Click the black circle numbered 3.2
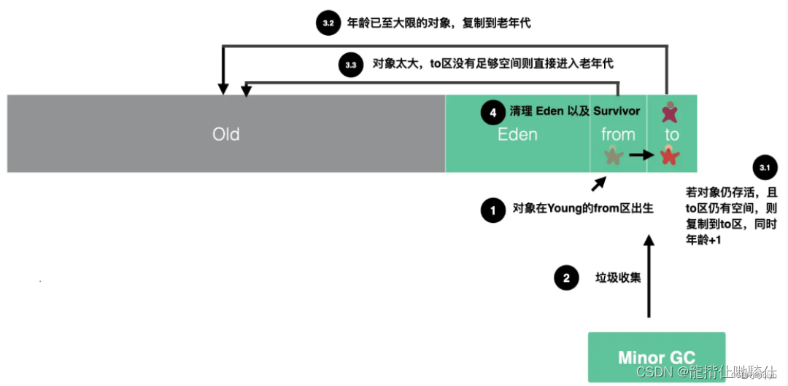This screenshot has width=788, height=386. tap(328, 23)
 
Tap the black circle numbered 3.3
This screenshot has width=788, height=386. tap(350, 65)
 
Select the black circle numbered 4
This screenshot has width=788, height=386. tap(492, 113)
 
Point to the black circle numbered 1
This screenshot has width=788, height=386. tap(492, 210)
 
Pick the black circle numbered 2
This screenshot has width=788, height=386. tap(565, 277)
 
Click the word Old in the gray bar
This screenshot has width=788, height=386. tap(226, 135)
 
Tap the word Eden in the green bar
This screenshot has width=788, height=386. tap(517, 135)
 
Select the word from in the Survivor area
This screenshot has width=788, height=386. tap(618, 135)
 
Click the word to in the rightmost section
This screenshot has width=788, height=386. tap(671, 135)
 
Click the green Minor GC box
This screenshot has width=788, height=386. tap(657, 357)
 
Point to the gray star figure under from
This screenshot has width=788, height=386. tap(613, 155)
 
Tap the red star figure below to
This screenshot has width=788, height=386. tap(669, 155)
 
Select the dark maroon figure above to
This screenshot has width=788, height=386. tap(669, 111)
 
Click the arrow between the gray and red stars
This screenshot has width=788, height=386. tap(641, 155)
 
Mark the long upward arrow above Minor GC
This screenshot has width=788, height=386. tap(649, 277)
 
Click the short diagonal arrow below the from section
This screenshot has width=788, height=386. tap(598, 183)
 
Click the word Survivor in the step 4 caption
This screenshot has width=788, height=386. tap(616, 111)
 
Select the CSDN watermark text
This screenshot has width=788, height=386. tap(653, 372)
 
